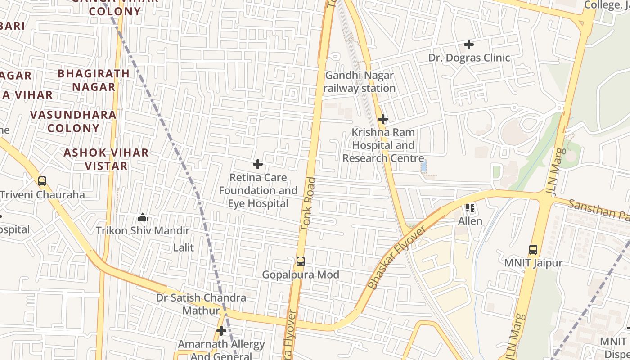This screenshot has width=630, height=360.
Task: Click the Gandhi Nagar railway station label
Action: point(360,82)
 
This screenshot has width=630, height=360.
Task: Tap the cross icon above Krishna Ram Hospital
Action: point(383,119)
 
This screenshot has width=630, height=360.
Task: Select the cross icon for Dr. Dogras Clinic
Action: point(469,45)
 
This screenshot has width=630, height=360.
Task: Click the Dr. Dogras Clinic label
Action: point(469,58)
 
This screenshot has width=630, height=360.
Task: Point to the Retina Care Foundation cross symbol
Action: point(258,164)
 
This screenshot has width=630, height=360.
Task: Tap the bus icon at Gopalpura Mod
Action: point(300,261)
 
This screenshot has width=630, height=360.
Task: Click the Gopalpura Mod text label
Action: point(300,274)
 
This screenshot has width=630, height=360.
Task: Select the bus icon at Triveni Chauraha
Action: point(42,181)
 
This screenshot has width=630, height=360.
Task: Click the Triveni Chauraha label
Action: point(42,195)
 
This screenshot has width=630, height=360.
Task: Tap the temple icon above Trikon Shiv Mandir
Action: point(143,218)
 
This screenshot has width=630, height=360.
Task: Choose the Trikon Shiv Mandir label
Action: point(143,231)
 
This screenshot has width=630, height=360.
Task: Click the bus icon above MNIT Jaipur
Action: point(533,249)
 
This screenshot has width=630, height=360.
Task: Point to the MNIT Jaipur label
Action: point(533,262)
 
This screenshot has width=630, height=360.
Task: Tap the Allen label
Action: point(470,221)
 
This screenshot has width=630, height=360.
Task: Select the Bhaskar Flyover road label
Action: point(396,258)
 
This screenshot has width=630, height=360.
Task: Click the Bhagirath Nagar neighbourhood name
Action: point(94,80)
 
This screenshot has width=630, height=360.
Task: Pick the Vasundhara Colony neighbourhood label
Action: point(73,121)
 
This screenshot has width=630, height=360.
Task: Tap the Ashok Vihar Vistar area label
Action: point(106,159)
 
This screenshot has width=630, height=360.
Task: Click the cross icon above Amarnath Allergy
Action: point(221,331)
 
